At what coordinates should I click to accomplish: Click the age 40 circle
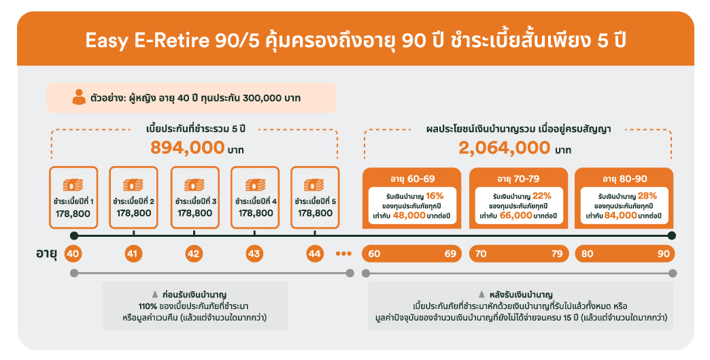click(73, 254)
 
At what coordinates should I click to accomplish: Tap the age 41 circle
click(133, 254)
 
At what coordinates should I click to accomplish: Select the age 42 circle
click(194, 254)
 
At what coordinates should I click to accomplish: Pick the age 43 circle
click(254, 254)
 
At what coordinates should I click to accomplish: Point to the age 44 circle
click(315, 254)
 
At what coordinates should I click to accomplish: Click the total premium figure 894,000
click(188, 148)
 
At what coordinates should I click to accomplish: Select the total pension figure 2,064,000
click(505, 148)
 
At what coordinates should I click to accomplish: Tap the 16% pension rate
click(435, 195)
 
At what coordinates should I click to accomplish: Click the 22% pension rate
click(541, 195)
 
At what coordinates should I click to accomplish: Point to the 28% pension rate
click(647, 195)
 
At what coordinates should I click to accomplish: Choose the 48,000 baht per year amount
click(409, 216)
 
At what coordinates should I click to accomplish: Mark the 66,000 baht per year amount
click(515, 216)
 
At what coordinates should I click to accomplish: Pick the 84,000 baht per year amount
click(620, 216)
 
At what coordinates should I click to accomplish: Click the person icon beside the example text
click(80, 97)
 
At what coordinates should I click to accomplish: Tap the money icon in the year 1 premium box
click(73, 185)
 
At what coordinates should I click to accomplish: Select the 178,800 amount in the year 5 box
click(315, 213)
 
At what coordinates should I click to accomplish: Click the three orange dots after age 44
click(343, 254)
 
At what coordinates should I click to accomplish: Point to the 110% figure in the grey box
click(148, 306)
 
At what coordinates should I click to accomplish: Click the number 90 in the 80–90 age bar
click(663, 254)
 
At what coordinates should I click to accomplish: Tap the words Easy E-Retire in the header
click(147, 41)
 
